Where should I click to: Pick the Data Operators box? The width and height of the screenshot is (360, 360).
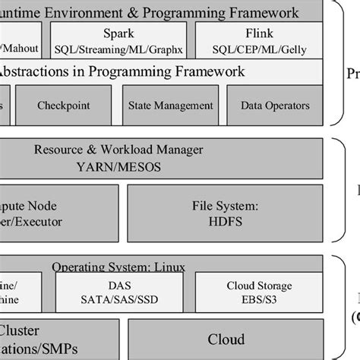click(275, 106)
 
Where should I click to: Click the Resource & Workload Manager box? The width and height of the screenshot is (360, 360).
click(162, 158)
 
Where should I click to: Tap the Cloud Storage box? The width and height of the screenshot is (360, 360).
click(259, 292)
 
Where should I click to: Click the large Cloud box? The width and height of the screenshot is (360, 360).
click(226, 339)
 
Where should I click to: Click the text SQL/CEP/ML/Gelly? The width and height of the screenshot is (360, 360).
click(258, 49)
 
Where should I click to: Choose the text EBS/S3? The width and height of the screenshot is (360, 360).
click(259, 299)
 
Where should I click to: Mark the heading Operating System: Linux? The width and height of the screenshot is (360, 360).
click(118, 267)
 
